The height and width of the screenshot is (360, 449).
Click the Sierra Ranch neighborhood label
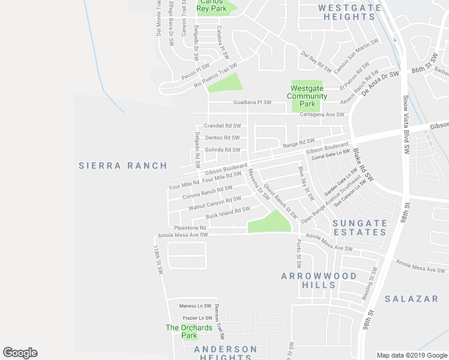[x=122, y=165]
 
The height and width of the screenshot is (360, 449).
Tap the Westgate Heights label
[x=350, y=12]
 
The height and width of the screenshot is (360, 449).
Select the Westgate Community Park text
[x=307, y=96]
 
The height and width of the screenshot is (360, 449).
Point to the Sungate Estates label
[x=360, y=227]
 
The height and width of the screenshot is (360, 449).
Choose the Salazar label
[x=411, y=298]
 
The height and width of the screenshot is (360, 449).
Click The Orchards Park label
[x=189, y=331]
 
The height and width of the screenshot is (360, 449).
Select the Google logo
[x=20, y=353]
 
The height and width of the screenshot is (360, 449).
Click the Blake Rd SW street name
[x=363, y=165]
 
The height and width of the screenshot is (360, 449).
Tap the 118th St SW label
[x=158, y=260]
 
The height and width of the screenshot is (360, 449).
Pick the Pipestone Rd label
[x=190, y=228]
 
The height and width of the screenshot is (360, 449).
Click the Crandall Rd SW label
[x=222, y=126]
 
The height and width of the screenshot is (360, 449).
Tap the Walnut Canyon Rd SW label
[x=214, y=202]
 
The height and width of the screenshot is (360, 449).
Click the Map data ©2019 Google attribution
[x=411, y=355]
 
